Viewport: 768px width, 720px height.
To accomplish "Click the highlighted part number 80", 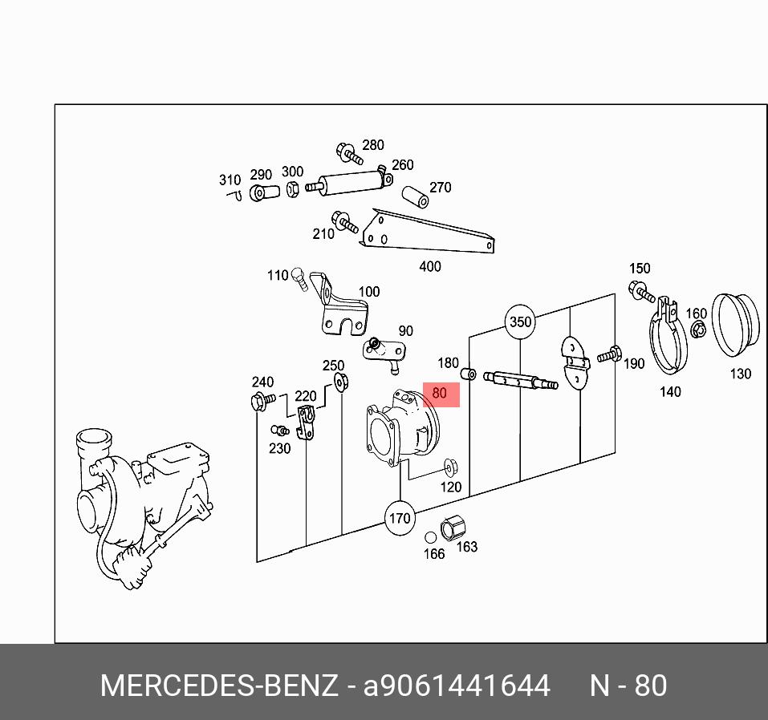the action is pos(440,394).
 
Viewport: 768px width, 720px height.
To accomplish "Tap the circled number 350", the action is pos(520,322).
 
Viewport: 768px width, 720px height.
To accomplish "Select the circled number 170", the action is pos(400,518).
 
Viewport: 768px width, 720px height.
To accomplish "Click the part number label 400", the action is pos(430,266).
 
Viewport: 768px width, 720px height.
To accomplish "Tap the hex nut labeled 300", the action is pos(293,189).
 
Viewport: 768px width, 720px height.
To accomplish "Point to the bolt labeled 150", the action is pos(643,292).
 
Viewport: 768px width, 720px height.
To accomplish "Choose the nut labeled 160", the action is pos(699,330).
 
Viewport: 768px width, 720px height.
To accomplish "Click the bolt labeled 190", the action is pos(610,354).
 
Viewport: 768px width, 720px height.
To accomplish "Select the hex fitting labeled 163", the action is pos(452,527).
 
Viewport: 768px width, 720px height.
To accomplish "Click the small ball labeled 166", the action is pos(431,537).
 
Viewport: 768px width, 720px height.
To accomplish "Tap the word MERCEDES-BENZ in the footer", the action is pos(218,686).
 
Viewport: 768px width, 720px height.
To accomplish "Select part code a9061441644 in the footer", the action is pos(457,686).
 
